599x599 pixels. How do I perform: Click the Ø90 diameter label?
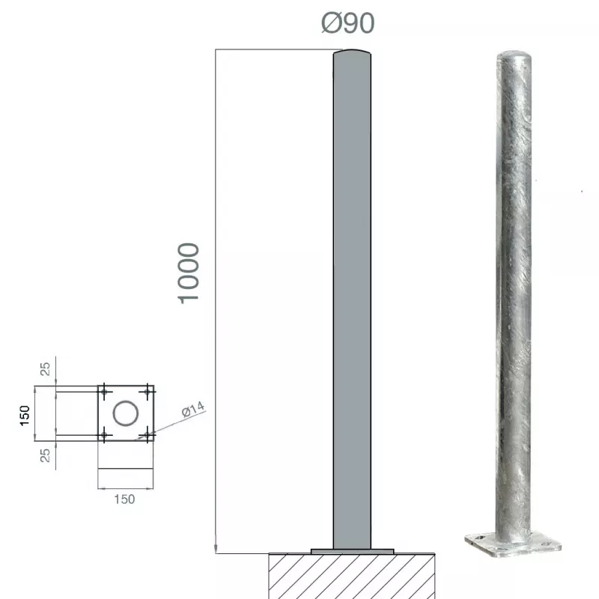pyautogui.click(x=347, y=23)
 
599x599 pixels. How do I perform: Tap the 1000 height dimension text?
pyautogui.click(x=189, y=273)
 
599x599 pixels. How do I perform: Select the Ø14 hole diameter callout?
pyautogui.click(x=193, y=409)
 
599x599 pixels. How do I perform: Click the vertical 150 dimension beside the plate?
pyautogui.click(x=25, y=416)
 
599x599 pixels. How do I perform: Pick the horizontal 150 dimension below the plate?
pyautogui.click(x=124, y=499)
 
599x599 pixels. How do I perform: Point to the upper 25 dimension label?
pyautogui.click(x=45, y=369)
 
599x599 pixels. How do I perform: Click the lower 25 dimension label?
pyautogui.click(x=45, y=455)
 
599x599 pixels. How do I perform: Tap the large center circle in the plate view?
pyautogui.click(x=126, y=413)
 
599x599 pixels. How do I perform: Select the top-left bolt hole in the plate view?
pyautogui.click(x=104, y=392)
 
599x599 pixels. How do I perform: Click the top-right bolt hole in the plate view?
pyautogui.click(x=148, y=392)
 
